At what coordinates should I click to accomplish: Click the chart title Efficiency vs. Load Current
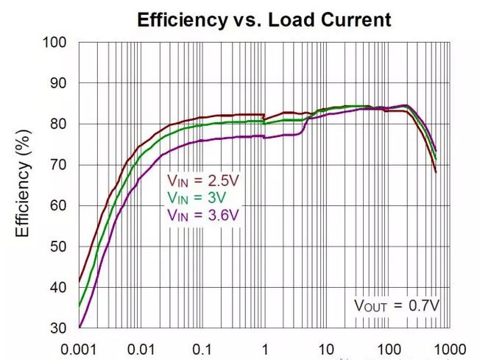click(264, 19)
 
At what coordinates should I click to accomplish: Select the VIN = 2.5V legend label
click(201, 179)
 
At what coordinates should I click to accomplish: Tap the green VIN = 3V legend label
click(195, 197)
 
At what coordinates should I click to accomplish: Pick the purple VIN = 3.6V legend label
click(202, 214)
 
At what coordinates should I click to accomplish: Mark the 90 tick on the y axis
click(59, 83)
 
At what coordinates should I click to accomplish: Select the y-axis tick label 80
click(59, 124)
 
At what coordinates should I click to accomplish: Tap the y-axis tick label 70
click(59, 165)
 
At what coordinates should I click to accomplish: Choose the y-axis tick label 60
click(59, 205)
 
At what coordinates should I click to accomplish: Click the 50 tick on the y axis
click(59, 246)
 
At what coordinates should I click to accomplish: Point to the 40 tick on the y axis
click(59, 287)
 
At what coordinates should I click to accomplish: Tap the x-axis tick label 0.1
click(202, 347)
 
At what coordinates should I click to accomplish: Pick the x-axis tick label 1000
click(447, 347)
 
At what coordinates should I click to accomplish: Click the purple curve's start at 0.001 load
click(80, 326)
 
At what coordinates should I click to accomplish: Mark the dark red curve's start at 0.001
click(80, 281)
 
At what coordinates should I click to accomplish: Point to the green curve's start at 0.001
click(80, 306)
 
